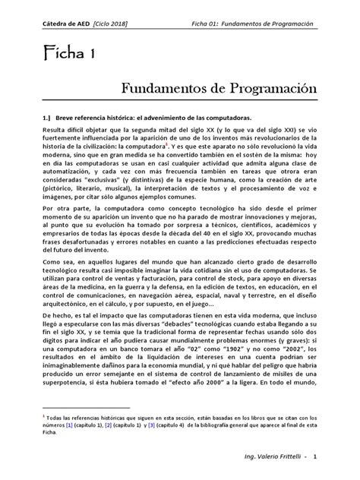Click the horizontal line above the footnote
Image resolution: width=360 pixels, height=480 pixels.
(92, 407)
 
